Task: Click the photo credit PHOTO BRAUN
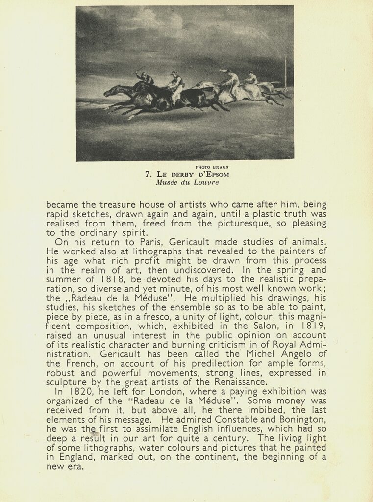212,167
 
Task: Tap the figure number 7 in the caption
148,174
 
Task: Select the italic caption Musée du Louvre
187,182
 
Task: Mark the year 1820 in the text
75,391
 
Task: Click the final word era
74,466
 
